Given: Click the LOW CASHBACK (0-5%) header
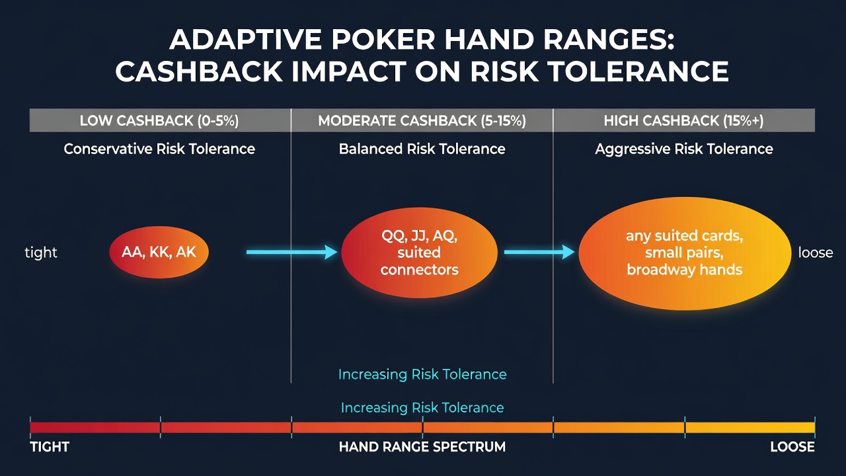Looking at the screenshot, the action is pyautogui.click(x=159, y=120).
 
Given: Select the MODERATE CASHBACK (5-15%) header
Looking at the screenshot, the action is pyautogui.click(x=422, y=120).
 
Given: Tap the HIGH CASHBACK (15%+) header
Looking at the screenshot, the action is pyautogui.click(x=683, y=120).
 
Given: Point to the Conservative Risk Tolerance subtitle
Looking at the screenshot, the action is pyautogui.click(x=159, y=149).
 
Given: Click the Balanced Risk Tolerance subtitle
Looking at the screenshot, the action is pyautogui.click(x=422, y=149).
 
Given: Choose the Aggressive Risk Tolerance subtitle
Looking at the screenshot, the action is pyautogui.click(x=684, y=149).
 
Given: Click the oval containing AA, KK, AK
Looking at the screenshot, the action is pyautogui.click(x=159, y=252).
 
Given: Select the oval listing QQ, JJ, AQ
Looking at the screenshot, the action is pyautogui.click(x=419, y=253).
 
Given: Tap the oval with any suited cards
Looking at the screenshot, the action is pyautogui.click(x=685, y=253).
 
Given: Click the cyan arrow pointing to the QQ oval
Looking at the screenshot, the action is pyautogui.click(x=291, y=252).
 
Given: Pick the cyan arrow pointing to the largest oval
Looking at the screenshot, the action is pyautogui.click(x=539, y=252).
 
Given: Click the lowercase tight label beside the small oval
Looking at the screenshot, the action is pyautogui.click(x=41, y=253).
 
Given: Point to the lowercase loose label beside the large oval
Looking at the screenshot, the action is pyautogui.click(x=816, y=253).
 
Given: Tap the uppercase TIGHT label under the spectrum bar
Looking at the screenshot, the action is pyautogui.click(x=50, y=447).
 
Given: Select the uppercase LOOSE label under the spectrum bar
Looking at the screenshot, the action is pyautogui.click(x=792, y=447).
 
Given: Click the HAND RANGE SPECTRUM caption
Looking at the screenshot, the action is pyautogui.click(x=422, y=447).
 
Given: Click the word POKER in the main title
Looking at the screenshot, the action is pyautogui.click(x=383, y=39).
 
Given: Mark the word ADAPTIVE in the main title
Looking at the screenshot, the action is pyautogui.click(x=245, y=39).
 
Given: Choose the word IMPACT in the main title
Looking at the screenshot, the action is pyautogui.click(x=348, y=71).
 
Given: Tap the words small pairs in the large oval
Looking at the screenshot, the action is pyautogui.click(x=684, y=253).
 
